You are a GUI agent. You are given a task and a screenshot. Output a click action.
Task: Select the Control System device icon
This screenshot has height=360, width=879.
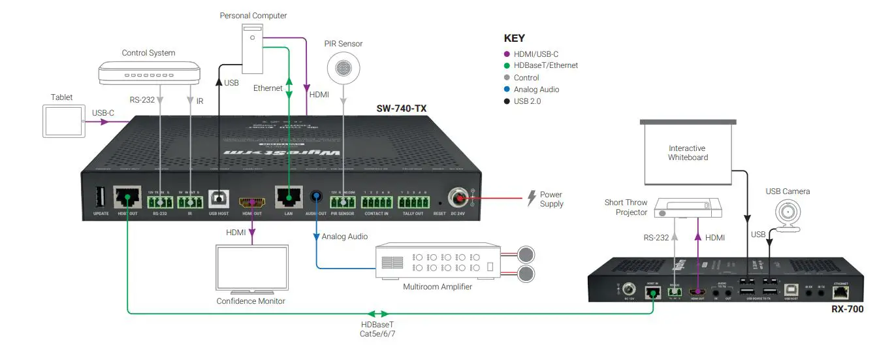pos(149,73)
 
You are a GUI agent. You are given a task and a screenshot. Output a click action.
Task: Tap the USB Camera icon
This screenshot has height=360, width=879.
pos(788,215)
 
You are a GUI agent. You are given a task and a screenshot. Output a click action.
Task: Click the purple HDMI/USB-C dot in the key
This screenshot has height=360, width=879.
pos(507,54)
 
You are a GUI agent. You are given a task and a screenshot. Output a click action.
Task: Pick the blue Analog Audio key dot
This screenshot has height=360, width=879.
pos(507,90)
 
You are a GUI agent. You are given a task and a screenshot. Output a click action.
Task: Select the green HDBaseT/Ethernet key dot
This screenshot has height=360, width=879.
pos(507,65)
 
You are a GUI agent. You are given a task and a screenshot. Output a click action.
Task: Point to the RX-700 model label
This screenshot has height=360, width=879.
pos(848,309)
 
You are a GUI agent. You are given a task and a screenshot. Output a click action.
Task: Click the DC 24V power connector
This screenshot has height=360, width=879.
pos(457,197)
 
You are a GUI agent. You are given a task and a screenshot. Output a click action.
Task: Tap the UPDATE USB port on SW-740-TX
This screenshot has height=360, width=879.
pos(101,197)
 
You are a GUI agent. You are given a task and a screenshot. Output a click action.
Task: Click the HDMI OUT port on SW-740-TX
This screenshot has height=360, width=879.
pos(251,202)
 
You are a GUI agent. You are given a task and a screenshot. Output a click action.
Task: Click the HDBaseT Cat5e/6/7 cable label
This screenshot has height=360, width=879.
pos(378,329)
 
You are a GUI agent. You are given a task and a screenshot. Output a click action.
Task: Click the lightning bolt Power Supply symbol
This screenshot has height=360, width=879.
pos(531,199)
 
